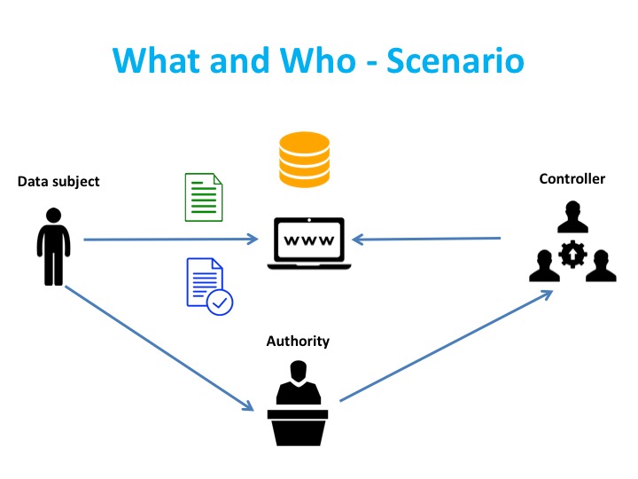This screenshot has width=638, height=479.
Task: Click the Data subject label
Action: [58, 182]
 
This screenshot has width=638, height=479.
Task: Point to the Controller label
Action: [572, 178]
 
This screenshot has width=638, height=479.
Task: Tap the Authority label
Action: [298, 341]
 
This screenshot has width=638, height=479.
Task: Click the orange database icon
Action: [304, 160]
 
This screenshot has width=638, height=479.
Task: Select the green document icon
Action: [204, 197]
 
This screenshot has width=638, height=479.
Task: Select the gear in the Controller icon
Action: [572, 255]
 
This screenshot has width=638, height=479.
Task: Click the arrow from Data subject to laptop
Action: [168, 239]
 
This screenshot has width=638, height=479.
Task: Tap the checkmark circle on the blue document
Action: [219, 302]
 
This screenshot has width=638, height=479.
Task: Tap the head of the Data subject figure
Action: [53, 216]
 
